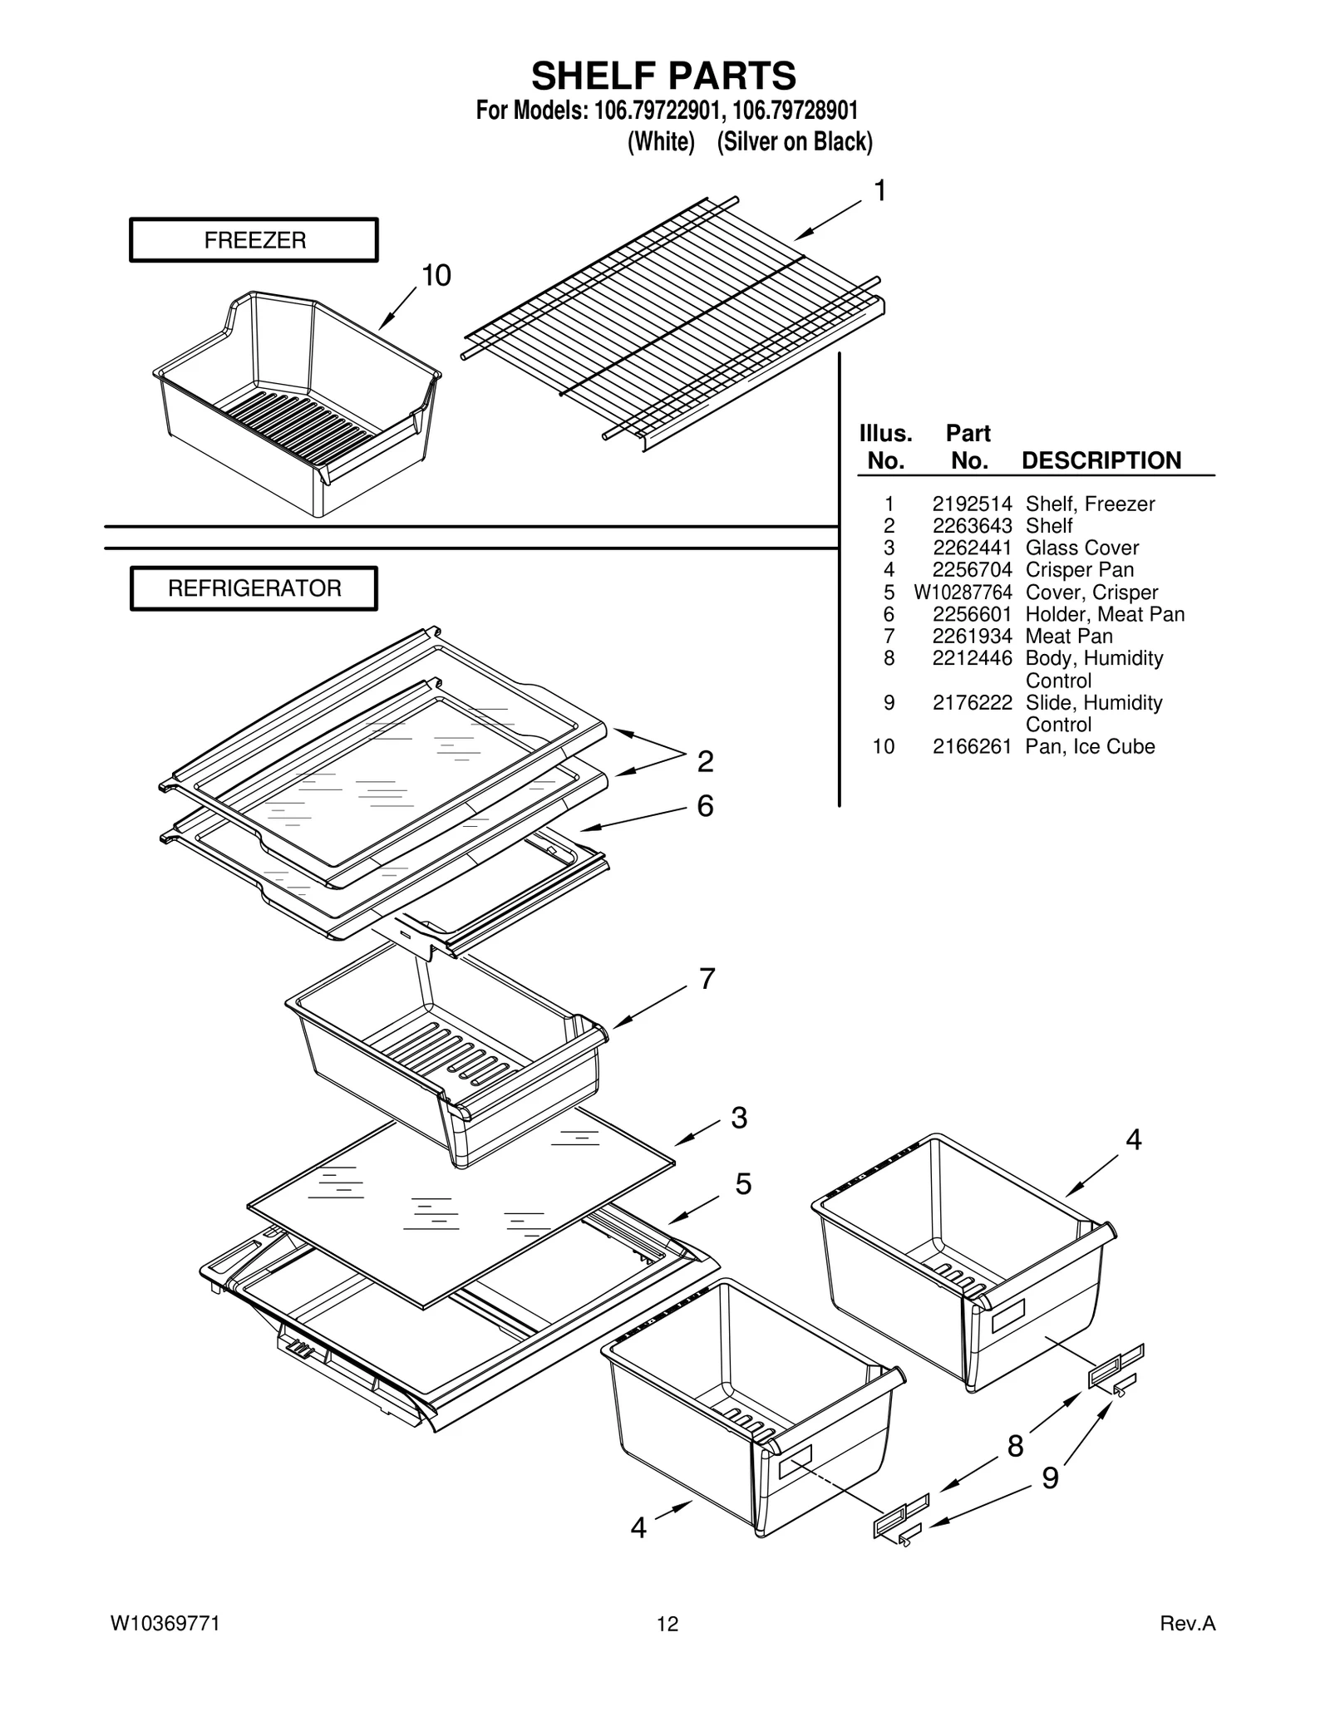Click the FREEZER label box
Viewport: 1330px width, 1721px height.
point(254,240)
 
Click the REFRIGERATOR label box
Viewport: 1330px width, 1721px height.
point(254,588)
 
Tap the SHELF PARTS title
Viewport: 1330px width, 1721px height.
point(663,76)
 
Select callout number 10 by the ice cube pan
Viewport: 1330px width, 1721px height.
point(436,276)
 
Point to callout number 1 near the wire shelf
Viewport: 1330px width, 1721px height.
point(879,191)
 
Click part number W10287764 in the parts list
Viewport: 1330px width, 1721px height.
point(963,593)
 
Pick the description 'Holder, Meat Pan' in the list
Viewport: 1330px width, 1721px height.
point(1105,614)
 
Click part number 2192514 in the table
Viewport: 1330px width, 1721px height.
point(972,504)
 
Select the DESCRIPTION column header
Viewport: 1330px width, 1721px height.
point(1101,460)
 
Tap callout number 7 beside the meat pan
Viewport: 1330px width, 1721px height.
point(707,979)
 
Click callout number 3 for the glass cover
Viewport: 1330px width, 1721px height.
point(739,1119)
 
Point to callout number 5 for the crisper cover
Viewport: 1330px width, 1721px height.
point(742,1184)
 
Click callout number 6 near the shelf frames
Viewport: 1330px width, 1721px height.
point(705,806)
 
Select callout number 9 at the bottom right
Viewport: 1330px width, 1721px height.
point(1050,1478)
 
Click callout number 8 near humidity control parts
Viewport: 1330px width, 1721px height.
point(1015,1447)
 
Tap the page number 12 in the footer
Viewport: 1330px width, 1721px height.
point(667,1624)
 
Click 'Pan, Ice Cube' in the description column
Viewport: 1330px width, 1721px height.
point(1090,746)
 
